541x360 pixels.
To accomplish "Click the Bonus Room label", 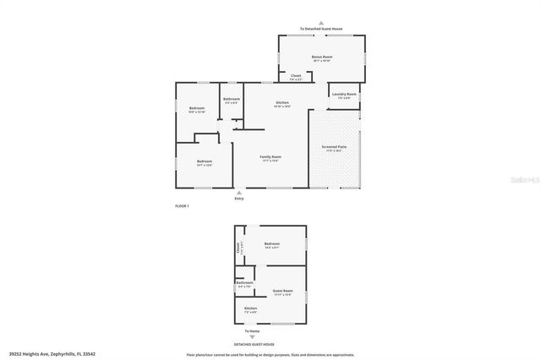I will (x=321, y=57).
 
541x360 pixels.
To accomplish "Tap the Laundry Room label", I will (x=344, y=94).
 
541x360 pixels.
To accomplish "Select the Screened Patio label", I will (x=333, y=146).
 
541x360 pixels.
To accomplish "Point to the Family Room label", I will (x=270, y=156).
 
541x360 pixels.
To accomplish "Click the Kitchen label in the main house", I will (x=282, y=102).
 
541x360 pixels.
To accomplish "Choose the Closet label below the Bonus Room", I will (x=296, y=75).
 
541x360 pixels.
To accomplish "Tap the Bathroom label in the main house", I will (x=232, y=99).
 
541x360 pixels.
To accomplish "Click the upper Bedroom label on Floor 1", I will (x=196, y=108).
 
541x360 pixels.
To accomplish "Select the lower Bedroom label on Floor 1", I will (x=205, y=161).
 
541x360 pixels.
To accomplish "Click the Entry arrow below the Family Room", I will (x=238, y=193).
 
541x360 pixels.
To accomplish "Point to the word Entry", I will (x=239, y=199).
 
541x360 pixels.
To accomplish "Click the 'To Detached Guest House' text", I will (x=321, y=28).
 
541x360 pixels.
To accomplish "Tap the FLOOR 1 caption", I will (x=181, y=206).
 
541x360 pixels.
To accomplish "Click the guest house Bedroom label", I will (x=270, y=244).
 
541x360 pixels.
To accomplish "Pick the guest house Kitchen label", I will (x=250, y=308).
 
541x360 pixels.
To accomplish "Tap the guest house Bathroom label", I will (x=244, y=282).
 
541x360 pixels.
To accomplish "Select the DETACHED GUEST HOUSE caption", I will (x=254, y=344).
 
